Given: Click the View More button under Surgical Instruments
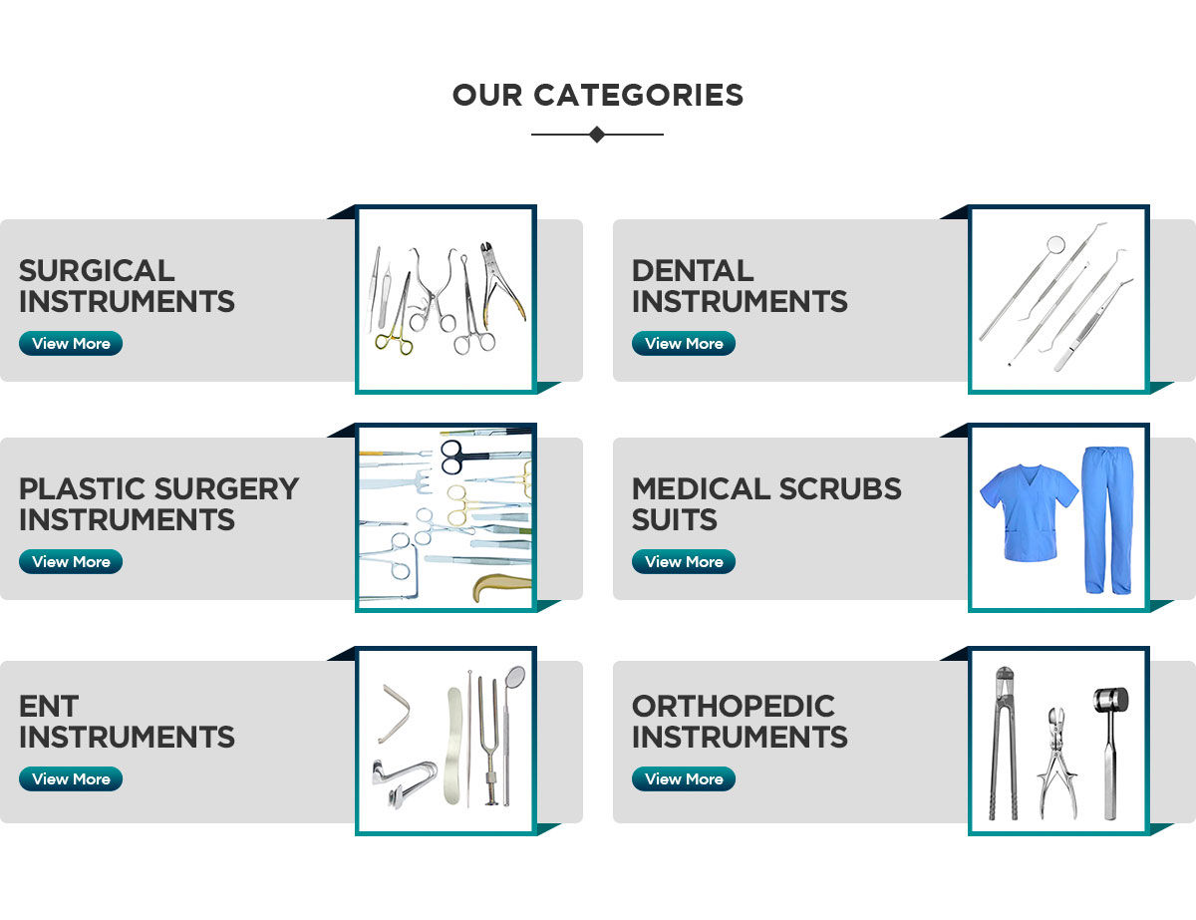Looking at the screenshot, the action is pos(71,344).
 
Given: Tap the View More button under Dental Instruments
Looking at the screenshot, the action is pos(684,344).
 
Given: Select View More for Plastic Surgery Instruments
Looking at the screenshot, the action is pos(71,562).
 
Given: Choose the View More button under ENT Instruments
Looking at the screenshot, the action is pos(71,779).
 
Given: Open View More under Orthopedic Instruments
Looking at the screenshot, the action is pos(684,779).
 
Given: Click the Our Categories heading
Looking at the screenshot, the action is pos(597,96).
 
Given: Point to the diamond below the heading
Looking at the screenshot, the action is pos(597,135).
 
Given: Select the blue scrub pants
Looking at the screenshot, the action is pos(1107,518).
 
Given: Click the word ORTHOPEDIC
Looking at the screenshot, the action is pos(734,707).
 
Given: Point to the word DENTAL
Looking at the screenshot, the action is pos(693,271).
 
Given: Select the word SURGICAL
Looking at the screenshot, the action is pos(97,271).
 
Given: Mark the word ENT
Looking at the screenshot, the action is pos(49,707).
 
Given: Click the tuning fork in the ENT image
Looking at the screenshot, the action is pos(487,738).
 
